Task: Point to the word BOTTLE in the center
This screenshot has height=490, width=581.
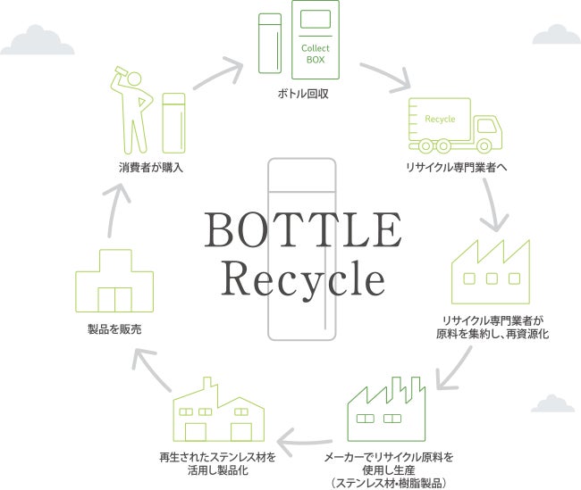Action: tap(303, 231)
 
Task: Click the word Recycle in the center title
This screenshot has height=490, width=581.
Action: tap(303, 278)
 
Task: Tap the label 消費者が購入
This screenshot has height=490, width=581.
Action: tap(151, 166)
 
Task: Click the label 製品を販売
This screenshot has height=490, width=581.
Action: tap(114, 330)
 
